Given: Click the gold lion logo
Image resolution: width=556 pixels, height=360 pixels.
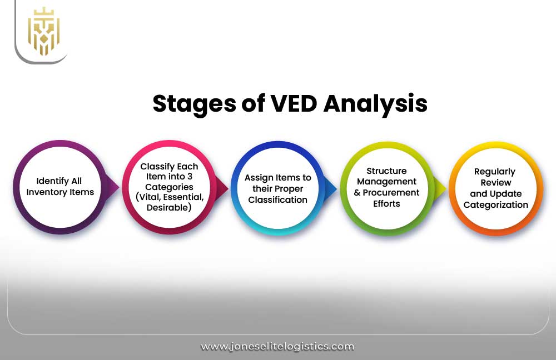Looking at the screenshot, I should point(43,31).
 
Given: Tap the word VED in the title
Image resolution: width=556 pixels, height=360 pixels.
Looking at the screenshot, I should point(290,104).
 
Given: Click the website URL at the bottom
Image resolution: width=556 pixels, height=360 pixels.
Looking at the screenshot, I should point(277,346).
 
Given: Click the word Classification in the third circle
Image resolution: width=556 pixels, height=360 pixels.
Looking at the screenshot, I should point(277,199).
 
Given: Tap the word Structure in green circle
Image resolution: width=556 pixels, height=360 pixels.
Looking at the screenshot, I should point(386,171).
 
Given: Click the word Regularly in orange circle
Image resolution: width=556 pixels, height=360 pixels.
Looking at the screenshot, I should point(494,172).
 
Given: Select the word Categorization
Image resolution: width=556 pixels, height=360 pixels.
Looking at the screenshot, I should point(496,204).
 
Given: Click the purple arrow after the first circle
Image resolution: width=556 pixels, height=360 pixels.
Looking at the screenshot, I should point(114,188).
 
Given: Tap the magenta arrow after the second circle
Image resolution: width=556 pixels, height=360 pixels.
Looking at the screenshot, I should point(224,188).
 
